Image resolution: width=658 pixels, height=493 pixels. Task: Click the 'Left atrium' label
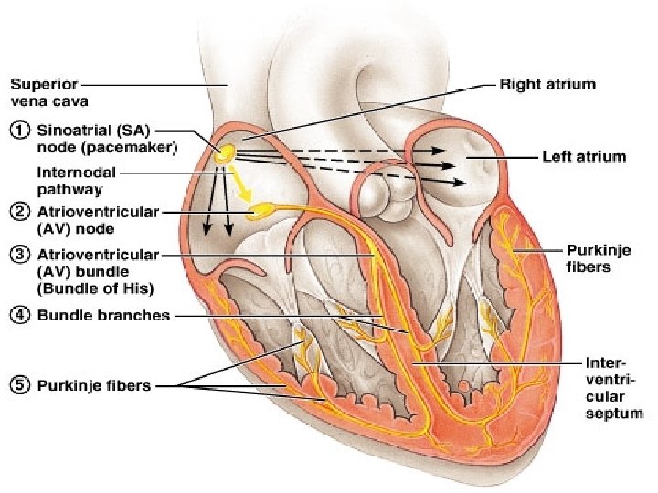click(x=585, y=157)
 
